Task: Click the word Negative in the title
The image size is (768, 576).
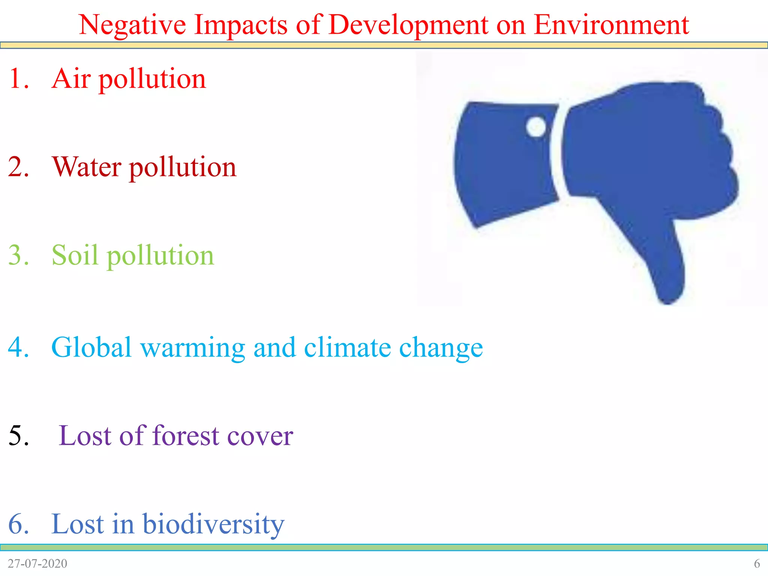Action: [x=132, y=25]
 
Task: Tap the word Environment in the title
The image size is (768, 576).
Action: [x=611, y=25]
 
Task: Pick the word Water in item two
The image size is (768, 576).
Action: [x=87, y=167]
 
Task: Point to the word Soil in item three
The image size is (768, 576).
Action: [x=75, y=255]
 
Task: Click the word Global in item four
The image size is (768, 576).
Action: [x=91, y=347]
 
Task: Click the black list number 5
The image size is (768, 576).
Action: [x=18, y=436]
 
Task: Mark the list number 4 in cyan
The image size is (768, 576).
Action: [x=18, y=347]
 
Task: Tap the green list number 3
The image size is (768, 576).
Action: [x=18, y=255]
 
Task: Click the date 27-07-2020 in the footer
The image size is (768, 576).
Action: [x=37, y=564]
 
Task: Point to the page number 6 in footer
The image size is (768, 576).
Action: [x=757, y=564]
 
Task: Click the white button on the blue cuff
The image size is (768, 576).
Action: [x=536, y=127]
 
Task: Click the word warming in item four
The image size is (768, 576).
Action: [x=193, y=347]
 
